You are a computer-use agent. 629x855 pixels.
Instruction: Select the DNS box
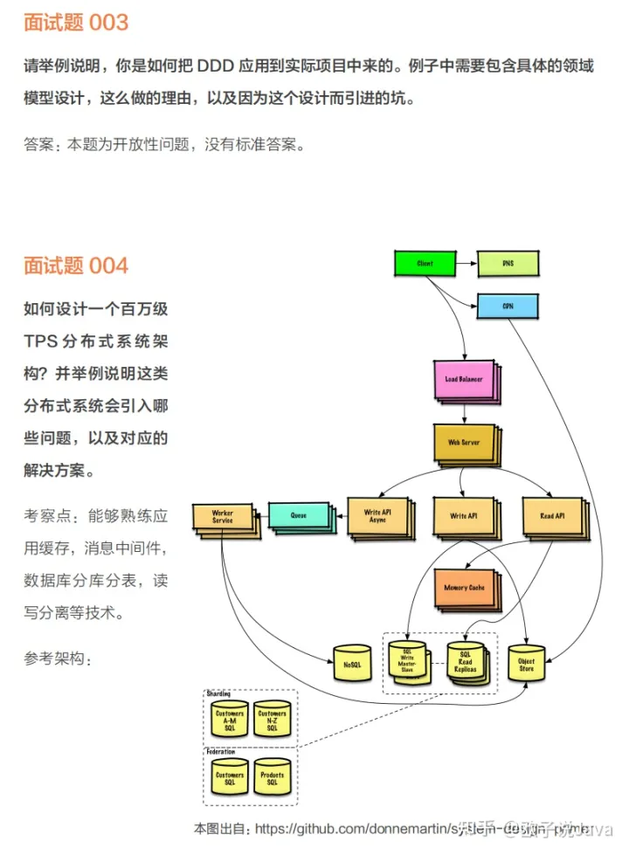[x=508, y=263]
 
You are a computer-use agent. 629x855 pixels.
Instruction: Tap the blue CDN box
[x=508, y=307]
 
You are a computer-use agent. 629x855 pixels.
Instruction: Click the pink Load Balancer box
[x=464, y=379]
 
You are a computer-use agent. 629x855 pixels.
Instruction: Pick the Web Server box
[x=464, y=443]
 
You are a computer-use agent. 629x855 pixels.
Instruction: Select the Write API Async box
[x=377, y=516]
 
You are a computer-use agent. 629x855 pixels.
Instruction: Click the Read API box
[x=552, y=516]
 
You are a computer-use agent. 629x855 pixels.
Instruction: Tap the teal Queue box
[x=299, y=516]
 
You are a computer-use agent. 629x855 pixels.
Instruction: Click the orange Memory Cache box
[x=464, y=588]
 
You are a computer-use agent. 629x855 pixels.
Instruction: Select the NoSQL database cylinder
[x=352, y=665]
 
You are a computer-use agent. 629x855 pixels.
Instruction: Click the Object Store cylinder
[x=526, y=665]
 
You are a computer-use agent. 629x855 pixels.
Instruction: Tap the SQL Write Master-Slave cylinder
[x=406, y=661]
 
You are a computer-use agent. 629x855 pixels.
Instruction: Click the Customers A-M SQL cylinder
[x=230, y=720]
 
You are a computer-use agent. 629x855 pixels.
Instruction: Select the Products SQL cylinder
[x=272, y=779]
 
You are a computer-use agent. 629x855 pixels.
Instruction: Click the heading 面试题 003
[x=76, y=23]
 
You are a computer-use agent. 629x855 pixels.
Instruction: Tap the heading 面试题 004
[x=76, y=265]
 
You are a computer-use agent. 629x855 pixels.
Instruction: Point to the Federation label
[x=221, y=752]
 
